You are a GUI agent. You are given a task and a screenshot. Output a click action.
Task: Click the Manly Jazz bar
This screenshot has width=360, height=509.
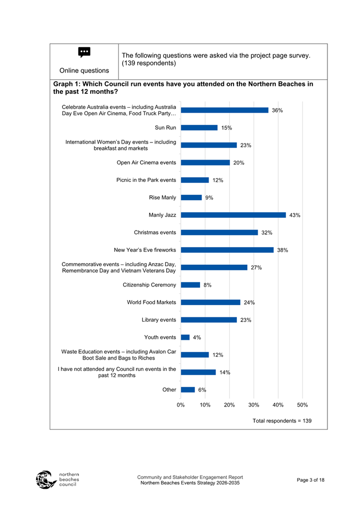point(233,215)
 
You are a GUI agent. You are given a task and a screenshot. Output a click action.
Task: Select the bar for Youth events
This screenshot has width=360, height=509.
point(186,337)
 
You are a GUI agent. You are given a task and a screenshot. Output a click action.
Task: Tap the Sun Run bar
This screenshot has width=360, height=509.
point(199,128)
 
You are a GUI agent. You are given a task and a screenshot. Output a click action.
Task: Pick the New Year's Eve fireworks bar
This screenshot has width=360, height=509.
point(227,250)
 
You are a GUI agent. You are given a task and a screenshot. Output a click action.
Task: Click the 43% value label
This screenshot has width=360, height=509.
point(295,215)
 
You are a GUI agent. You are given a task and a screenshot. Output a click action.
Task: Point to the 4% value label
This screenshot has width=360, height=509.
point(197,337)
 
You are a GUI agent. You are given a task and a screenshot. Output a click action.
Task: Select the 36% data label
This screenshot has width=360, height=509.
point(277,110)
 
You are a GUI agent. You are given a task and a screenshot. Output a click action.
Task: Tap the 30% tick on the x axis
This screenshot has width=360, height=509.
point(254,405)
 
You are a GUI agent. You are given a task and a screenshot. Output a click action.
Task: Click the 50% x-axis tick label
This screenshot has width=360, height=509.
point(302,405)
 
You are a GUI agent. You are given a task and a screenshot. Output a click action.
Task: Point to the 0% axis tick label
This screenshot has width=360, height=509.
point(181,405)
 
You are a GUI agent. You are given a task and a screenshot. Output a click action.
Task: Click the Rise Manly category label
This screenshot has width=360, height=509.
point(163,197)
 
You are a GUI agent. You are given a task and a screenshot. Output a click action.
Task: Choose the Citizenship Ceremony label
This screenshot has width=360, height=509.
point(149,285)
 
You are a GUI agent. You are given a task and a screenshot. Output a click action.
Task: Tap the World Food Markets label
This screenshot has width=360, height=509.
point(151,303)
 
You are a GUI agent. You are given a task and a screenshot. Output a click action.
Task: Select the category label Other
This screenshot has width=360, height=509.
point(169,389)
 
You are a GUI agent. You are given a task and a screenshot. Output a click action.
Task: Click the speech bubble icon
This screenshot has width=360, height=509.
point(84,52)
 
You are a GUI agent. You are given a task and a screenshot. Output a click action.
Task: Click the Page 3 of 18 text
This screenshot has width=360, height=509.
point(309,480)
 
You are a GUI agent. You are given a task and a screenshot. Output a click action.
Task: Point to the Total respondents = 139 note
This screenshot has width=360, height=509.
point(282,421)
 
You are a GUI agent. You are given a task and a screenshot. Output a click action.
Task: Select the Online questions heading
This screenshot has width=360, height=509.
point(84,70)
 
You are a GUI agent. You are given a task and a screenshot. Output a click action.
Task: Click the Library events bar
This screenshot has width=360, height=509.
point(209,320)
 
